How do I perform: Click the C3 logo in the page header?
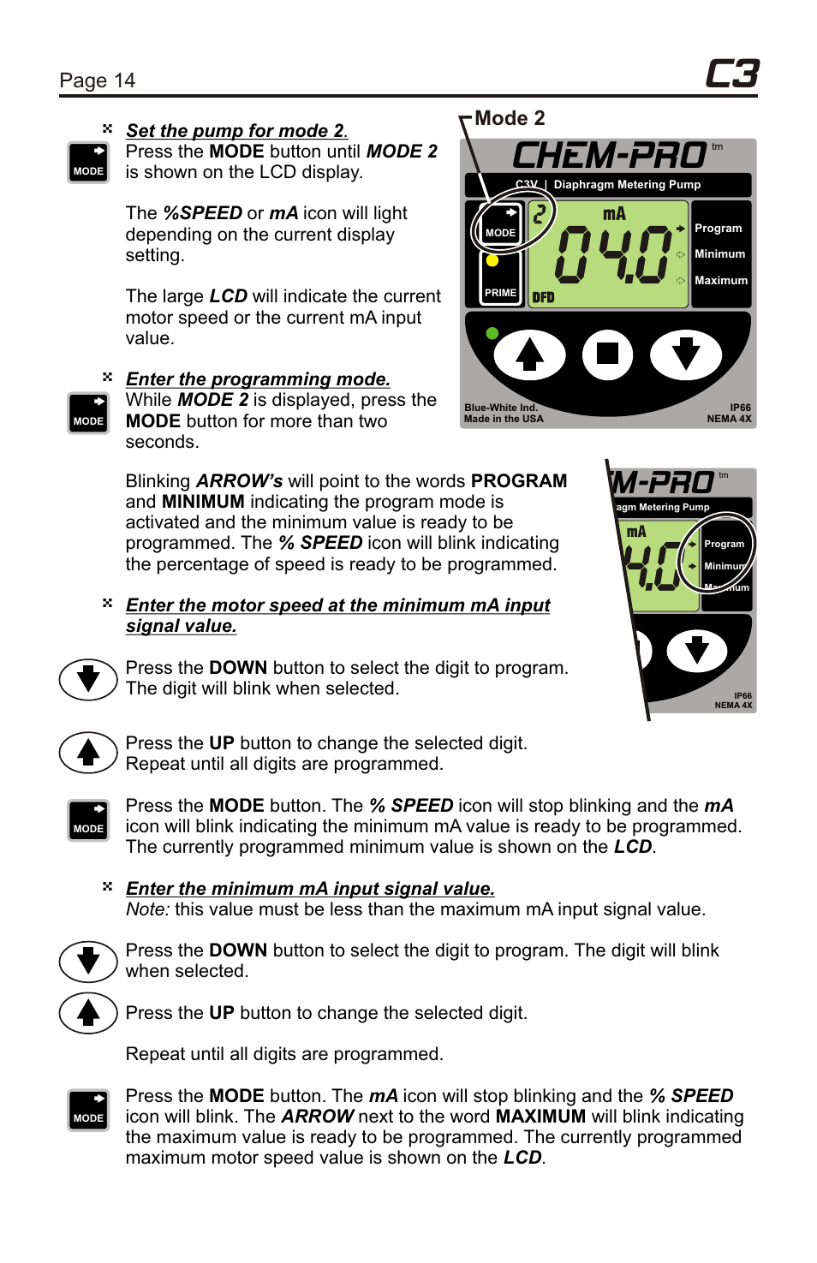(x=731, y=74)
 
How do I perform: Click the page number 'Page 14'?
(x=98, y=80)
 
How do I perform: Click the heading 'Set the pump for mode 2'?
(x=236, y=131)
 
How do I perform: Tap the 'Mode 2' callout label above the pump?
(x=510, y=118)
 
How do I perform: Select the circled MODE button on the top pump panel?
(x=501, y=225)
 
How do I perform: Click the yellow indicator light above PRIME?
(x=492, y=260)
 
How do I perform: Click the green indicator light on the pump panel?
(x=492, y=333)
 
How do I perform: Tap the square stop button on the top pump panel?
(x=608, y=354)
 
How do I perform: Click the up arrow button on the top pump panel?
(x=530, y=354)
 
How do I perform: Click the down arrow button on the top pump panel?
(x=686, y=354)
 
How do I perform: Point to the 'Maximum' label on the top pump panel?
(x=721, y=281)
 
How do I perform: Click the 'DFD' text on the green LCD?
(x=543, y=298)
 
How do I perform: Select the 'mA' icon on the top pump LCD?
(x=614, y=214)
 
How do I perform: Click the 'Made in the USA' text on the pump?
(x=504, y=419)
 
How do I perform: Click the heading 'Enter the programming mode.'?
(x=258, y=379)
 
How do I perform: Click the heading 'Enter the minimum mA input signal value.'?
(x=310, y=889)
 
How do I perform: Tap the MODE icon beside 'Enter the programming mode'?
(x=88, y=413)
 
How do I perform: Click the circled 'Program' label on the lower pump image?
(x=725, y=544)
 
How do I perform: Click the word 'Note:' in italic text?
(x=148, y=909)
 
